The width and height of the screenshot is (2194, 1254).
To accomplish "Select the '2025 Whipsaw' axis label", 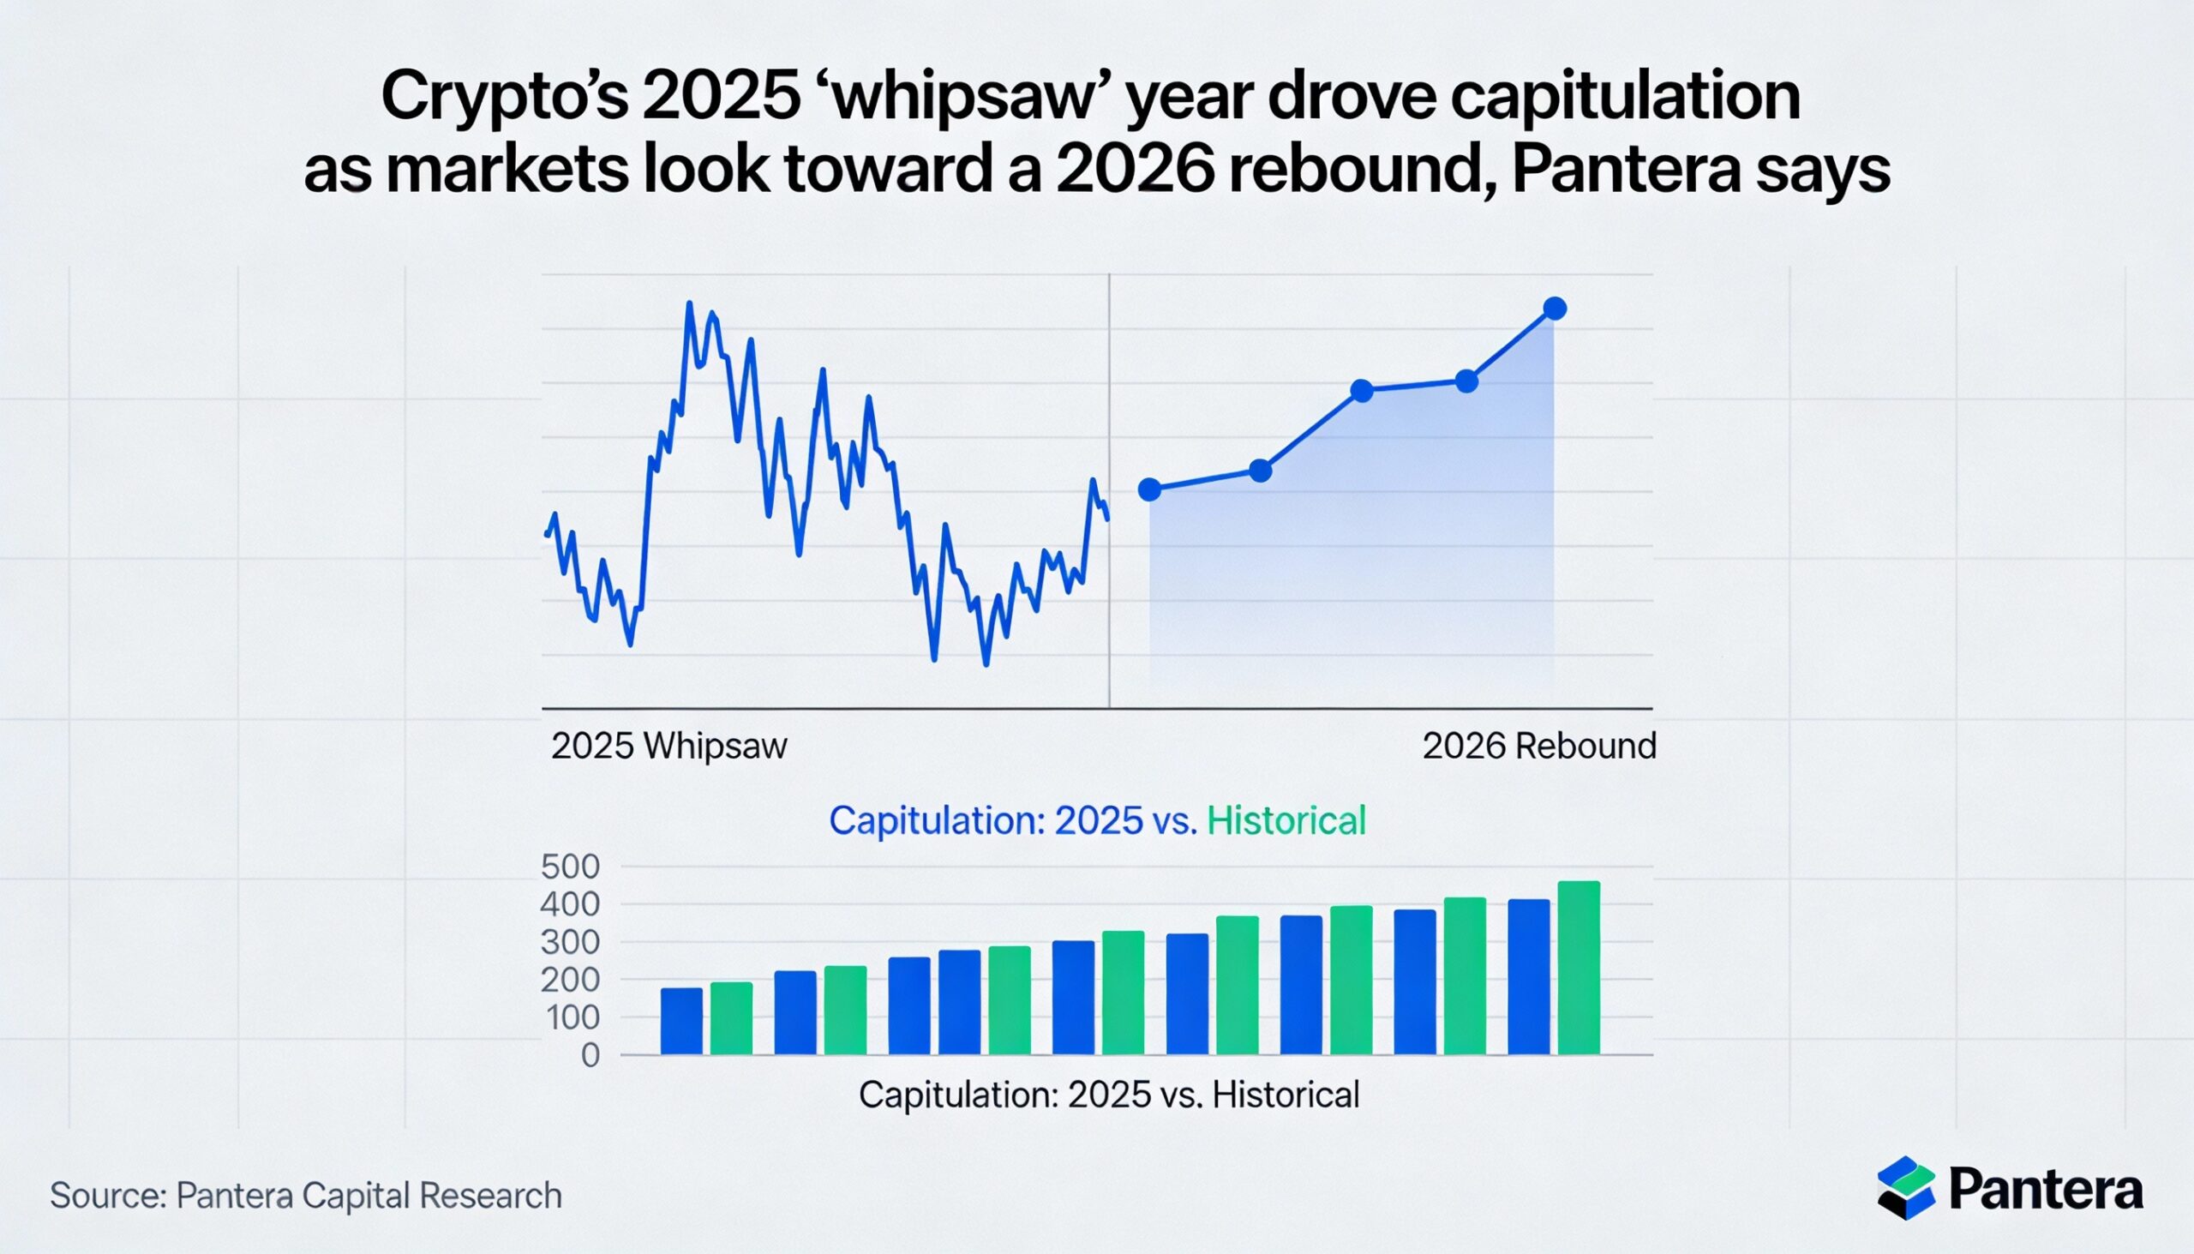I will coord(669,746).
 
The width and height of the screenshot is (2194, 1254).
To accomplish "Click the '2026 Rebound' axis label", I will coord(1539,746).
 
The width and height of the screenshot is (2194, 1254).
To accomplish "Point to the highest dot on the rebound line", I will coord(1556,309).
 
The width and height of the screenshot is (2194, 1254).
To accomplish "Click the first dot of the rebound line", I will coord(1149,490).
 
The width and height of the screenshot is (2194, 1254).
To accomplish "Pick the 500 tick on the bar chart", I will coord(570,867).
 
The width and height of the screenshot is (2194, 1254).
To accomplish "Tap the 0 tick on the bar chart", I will coord(590,1056).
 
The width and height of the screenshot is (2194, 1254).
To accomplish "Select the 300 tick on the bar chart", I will coord(570,943).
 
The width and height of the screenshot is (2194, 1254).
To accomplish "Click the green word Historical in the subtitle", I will coord(1286,821).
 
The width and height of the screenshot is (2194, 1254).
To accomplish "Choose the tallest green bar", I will coord(1580,968).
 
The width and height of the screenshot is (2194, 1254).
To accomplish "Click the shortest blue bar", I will coord(681,1022).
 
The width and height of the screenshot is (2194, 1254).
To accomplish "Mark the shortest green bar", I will coord(731,1019).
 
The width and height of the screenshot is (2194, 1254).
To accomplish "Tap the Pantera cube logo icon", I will coord(1906,1188).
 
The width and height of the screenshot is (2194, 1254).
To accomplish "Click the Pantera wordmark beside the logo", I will coord(2045,1190).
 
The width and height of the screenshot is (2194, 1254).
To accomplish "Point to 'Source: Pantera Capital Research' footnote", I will coord(306,1197).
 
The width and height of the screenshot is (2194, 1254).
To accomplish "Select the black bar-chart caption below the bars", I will coord(1109,1095).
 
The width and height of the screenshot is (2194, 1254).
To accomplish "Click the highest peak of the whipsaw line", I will coord(689,303).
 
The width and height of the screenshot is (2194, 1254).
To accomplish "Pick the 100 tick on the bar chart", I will coord(570,1018).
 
